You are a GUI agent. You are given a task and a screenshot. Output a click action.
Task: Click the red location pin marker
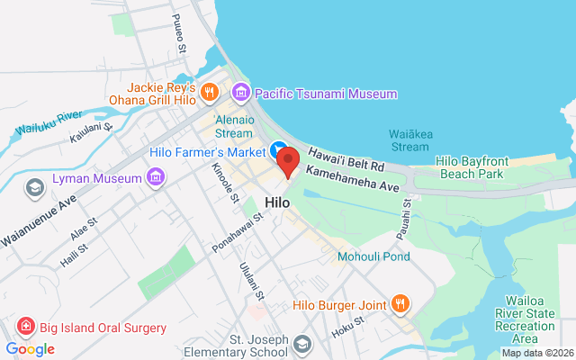point(288,161)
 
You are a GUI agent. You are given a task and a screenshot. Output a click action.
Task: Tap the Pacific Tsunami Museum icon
point(240,92)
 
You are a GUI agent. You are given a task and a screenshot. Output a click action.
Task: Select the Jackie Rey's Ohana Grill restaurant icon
point(209,91)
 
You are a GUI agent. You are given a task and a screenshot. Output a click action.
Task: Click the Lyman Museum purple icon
point(155,177)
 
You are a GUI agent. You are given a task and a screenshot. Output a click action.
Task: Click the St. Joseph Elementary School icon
point(303,345)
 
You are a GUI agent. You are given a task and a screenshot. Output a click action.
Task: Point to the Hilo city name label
point(277,202)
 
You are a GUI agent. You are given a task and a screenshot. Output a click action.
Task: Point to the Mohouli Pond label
point(373,256)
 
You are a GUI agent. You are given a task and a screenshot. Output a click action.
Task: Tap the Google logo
point(30,349)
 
